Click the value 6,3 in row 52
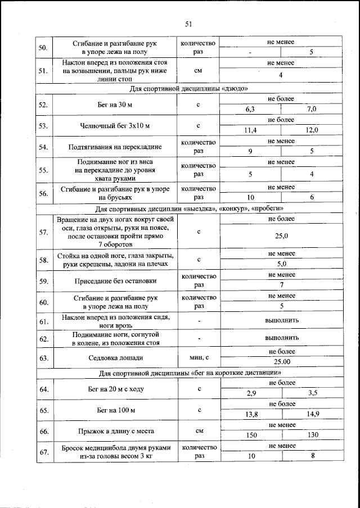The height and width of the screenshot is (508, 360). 250,110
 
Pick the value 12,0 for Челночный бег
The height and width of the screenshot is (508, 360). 312,130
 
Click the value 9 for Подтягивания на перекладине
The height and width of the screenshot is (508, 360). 250,151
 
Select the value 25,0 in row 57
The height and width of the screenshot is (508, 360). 281,236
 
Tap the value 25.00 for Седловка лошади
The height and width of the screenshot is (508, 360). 281,362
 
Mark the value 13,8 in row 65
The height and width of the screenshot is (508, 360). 250,415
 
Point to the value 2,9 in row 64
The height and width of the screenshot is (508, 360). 250,393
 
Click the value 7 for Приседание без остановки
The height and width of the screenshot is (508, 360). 281,285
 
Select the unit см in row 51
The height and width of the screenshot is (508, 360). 198,71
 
